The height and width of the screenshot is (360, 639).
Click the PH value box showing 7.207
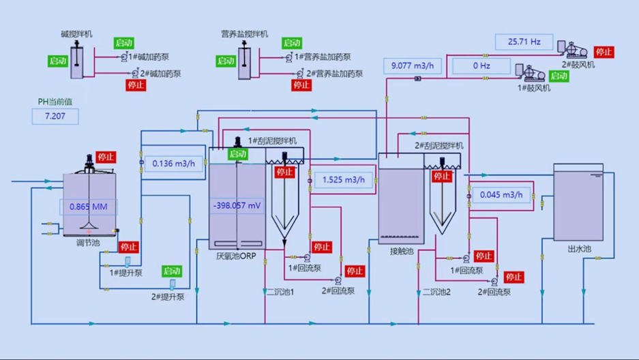(x=55, y=117)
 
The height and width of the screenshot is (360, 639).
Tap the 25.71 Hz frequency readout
(x=524, y=42)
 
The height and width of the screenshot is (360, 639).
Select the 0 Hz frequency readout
(x=481, y=66)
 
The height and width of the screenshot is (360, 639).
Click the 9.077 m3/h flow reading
(x=413, y=66)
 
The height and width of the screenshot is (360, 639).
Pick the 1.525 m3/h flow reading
(x=344, y=181)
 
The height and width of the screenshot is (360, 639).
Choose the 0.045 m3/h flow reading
(x=501, y=195)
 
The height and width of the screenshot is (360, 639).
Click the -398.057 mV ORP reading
(x=238, y=205)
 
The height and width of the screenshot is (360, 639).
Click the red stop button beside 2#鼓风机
(x=604, y=52)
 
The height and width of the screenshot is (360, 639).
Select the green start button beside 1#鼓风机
(x=559, y=76)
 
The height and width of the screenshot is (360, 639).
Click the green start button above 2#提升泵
(x=173, y=271)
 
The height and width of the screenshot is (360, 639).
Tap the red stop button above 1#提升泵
(x=128, y=247)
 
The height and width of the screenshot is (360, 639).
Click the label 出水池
(x=578, y=249)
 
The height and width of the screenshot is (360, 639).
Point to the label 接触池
(x=401, y=252)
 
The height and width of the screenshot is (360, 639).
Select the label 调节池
(x=88, y=243)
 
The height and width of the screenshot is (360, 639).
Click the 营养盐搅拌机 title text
(x=244, y=33)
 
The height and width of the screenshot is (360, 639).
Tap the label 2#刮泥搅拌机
(x=439, y=146)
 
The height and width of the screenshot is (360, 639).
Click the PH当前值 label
(x=55, y=102)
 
